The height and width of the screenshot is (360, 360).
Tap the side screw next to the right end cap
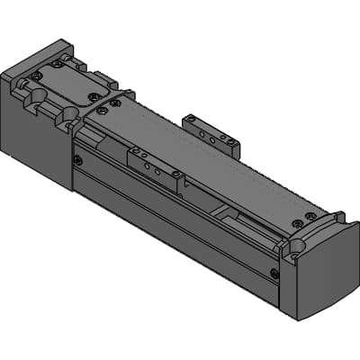274,273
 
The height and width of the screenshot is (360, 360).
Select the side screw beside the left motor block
78,160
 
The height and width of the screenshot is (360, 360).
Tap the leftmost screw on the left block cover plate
35,76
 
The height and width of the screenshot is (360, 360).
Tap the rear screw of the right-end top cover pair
310,216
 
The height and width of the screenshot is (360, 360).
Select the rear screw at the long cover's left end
115,103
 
